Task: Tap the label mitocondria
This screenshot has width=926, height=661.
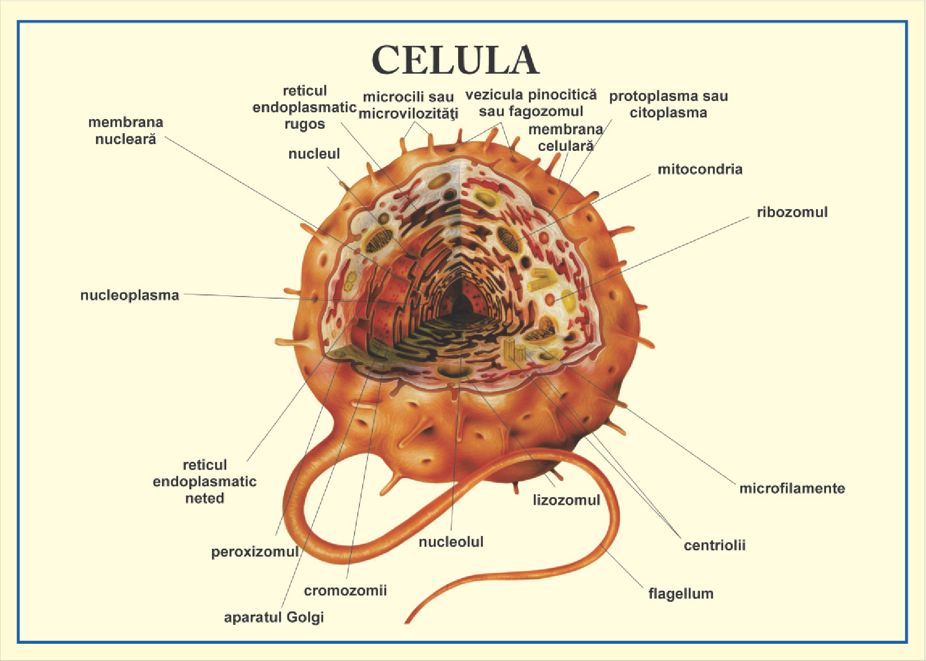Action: (x=700, y=169)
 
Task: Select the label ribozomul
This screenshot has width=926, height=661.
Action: (x=792, y=212)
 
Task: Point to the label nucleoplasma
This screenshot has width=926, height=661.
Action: (x=130, y=295)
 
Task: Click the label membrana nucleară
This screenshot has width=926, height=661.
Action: (x=126, y=130)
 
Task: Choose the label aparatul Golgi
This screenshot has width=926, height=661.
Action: (x=274, y=617)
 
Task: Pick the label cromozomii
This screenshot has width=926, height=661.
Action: (x=345, y=590)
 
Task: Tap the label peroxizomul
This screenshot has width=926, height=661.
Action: (x=255, y=552)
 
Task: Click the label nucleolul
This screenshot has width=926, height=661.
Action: (x=451, y=542)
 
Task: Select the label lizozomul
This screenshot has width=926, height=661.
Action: (x=566, y=500)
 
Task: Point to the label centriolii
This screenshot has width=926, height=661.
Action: (x=714, y=545)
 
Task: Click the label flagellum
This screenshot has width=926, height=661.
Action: (x=680, y=594)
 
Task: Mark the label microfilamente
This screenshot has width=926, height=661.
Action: (x=792, y=488)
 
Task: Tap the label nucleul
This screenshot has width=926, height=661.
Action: (x=314, y=154)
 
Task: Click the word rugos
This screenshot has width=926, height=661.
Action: (x=305, y=125)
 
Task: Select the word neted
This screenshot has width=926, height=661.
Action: (x=205, y=498)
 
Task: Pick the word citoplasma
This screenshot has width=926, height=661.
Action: (x=668, y=113)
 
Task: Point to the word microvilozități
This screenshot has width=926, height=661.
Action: (x=408, y=114)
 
